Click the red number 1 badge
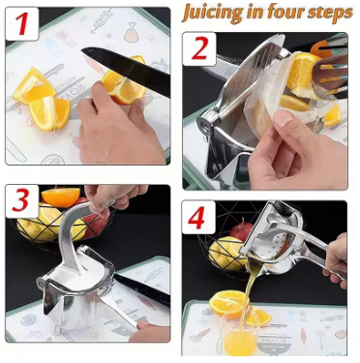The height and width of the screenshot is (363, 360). coord(22,24)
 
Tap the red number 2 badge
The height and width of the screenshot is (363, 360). coord(199,48)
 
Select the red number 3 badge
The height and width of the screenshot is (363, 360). coord(22,200)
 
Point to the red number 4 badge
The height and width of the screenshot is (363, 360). coord(198,217)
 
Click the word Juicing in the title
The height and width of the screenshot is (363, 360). coord(212,13)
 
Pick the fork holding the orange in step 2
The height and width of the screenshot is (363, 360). coord(329,74)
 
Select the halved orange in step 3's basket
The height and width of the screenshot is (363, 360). coord(61,197)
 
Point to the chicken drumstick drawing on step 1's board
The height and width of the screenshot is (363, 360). coord(132,32)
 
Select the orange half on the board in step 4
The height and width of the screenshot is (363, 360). coord(227,304)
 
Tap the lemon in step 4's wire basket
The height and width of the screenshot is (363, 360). coord(225,253)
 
